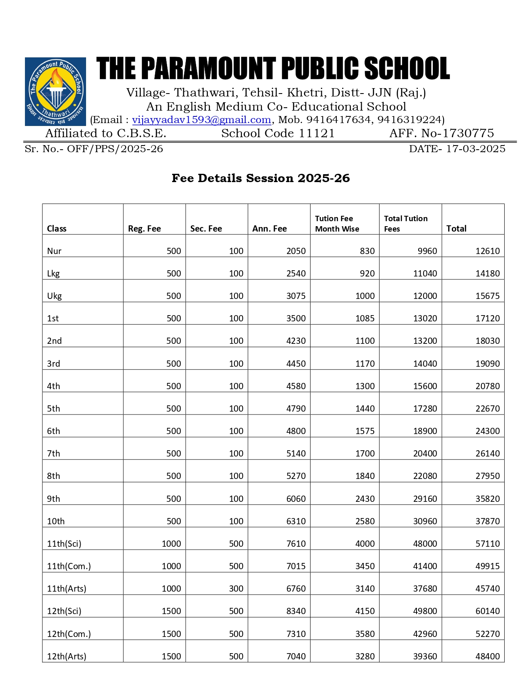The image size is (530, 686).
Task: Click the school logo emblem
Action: [x=55, y=91]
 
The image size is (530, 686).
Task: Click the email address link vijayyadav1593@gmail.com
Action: [x=202, y=120]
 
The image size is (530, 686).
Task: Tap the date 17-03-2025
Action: [x=476, y=149]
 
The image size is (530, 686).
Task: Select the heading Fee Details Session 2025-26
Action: [x=261, y=178]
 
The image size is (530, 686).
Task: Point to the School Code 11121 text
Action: [x=278, y=133]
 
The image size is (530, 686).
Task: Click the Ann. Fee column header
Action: [x=269, y=229]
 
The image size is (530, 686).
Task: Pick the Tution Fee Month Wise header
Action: [x=337, y=224]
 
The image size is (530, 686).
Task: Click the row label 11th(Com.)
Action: [x=69, y=566]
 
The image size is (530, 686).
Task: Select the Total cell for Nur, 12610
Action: [x=488, y=251]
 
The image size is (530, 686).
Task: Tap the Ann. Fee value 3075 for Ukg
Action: [x=296, y=296]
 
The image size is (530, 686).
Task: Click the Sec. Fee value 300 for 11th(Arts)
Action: [x=236, y=589]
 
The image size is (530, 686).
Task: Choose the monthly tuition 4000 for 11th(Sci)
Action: [x=365, y=544]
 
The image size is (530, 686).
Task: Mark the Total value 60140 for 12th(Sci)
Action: [x=488, y=611]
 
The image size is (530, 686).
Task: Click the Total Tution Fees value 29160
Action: [x=425, y=499]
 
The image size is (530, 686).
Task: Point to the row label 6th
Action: [x=54, y=431]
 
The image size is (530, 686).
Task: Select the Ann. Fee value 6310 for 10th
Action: [x=296, y=521]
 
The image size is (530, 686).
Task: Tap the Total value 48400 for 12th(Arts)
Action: [x=488, y=656]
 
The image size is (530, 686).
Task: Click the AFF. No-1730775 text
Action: [x=441, y=133]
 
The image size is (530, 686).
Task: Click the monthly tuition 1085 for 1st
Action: [x=365, y=318]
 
